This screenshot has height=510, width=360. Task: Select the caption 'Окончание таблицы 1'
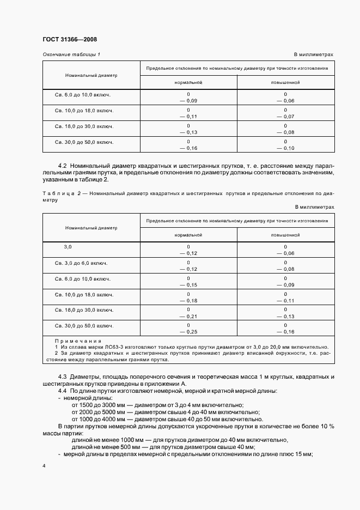pyautogui.click(x=71, y=54)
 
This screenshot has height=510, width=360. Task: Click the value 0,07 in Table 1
pyautogui.click(x=287, y=117)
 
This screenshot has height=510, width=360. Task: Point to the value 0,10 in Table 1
pyautogui.click(x=287, y=148)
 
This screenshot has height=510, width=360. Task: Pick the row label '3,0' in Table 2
pyautogui.click(x=68, y=247)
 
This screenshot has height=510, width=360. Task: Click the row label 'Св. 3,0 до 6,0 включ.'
pyautogui.click(x=81, y=263)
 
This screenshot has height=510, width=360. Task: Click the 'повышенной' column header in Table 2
pyautogui.click(x=285, y=235)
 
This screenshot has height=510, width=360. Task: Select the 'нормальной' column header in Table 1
pyautogui.click(x=188, y=82)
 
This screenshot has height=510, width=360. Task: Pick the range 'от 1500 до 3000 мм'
pyautogui.click(x=96, y=405)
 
